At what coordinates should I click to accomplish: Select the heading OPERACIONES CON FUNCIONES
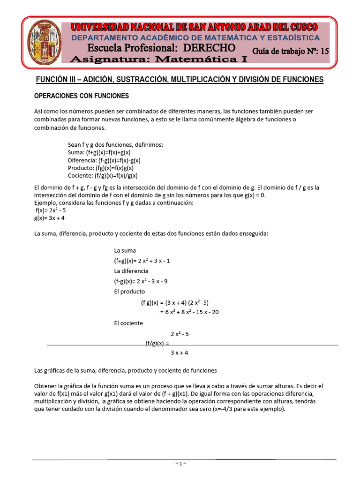click(x=82, y=96)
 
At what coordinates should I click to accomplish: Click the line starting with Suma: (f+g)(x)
click(x=99, y=152)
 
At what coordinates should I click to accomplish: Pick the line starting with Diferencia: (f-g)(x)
click(x=104, y=160)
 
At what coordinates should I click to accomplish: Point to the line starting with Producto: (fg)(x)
click(x=101, y=167)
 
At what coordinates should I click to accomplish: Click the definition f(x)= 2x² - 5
click(x=51, y=210)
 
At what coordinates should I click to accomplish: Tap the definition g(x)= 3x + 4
click(x=49, y=218)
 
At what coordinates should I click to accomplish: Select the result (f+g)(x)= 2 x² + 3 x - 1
click(x=142, y=261)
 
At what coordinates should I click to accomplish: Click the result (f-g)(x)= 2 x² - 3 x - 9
click(x=141, y=281)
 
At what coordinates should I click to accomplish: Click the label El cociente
click(x=128, y=323)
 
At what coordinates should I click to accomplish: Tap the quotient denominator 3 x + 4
click(x=180, y=352)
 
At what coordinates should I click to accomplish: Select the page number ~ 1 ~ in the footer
click(x=180, y=463)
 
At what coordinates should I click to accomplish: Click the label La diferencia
click(x=131, y=271)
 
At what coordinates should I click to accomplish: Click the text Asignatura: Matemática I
click(x=158, y=60)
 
